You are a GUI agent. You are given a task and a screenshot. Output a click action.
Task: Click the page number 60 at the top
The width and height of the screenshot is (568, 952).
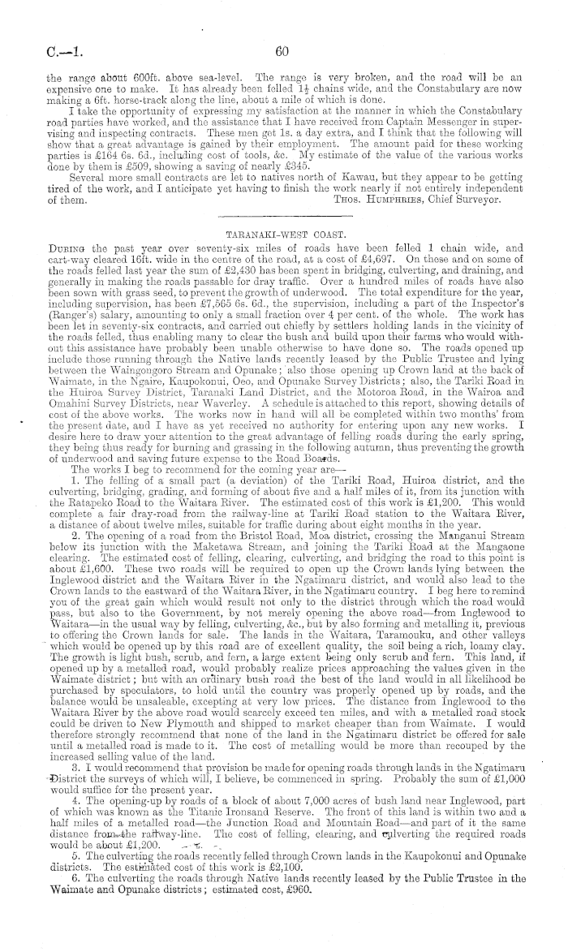pyautogui.click(x=282, y=51)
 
